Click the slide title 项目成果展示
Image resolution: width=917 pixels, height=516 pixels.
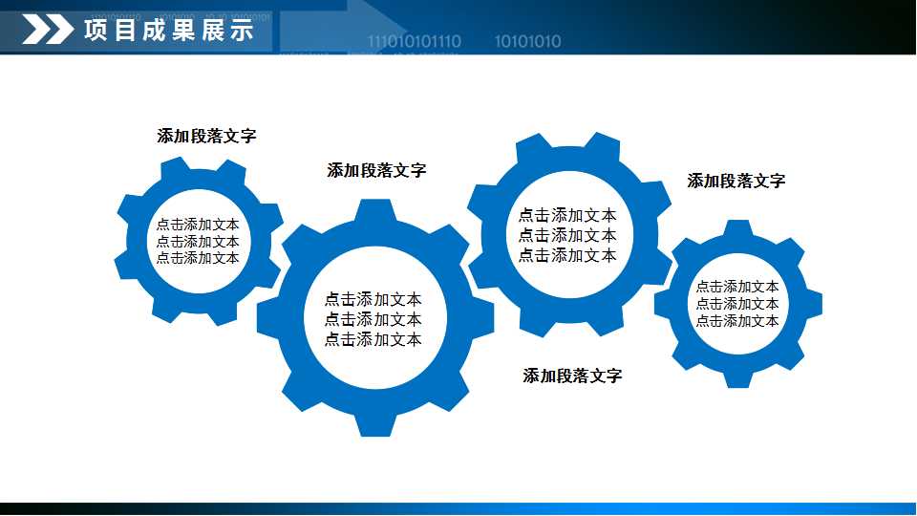click(x=168, y=31)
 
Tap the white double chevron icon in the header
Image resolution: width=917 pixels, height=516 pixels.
click(x=47, y=31)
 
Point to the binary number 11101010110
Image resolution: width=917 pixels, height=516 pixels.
click(x=414, y=41)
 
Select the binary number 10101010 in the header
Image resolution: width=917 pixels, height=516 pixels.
click(x=527, y=41)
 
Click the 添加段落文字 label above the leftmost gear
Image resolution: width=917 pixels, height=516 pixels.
click(x=206, y=136)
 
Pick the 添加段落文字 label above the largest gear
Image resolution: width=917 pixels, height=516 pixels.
click(x=376, y=170)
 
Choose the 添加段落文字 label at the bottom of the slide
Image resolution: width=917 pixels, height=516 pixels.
click(x=572, y=376)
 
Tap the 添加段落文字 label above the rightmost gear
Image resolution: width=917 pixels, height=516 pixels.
click(x=736, y=181)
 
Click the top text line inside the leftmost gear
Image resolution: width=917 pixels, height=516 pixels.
click(x=198, y=225)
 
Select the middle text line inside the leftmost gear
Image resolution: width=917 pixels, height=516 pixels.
click(x=198, y=241)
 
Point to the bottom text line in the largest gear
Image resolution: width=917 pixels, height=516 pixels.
click(x=373, y=339)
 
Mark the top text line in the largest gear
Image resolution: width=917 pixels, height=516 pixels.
click(x=373, y=299)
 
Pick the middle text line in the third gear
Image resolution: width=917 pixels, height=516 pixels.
click(x=567, y=235)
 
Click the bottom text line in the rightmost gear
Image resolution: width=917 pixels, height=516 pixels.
click(x=737, y=321)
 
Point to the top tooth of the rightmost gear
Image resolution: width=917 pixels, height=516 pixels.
click(x=737, y=230)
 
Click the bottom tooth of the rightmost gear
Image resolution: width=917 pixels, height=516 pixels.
click(x=737, y=378)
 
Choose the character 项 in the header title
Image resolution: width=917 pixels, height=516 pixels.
click(x=96, y=31)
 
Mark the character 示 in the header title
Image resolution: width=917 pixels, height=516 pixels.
click(x=242, y=31)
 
